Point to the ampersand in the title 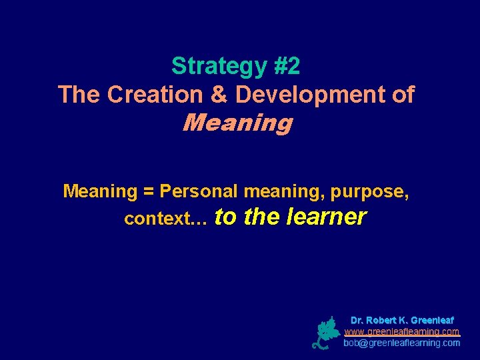218,95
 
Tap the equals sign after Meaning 148,191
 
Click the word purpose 369,192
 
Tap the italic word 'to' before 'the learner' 227,217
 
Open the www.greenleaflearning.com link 401,331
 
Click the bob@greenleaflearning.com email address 401,343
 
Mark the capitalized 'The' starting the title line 79,95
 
